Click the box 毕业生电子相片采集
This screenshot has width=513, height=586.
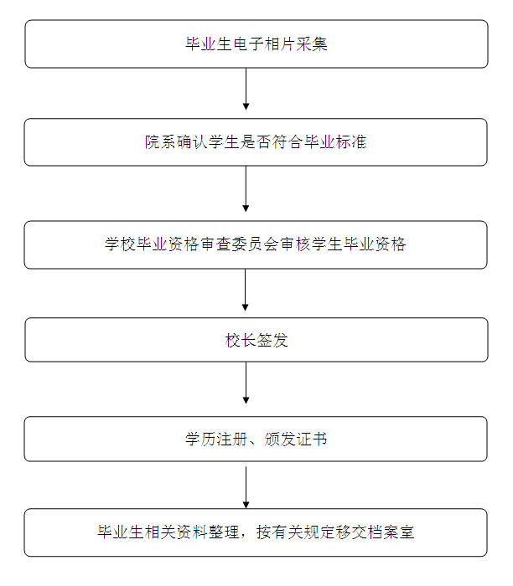click(256, 44)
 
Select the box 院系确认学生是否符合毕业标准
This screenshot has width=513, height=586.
click(256, 142)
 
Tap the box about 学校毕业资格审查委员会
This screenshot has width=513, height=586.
click(256, 244)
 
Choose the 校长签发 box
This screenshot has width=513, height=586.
click(256, 340)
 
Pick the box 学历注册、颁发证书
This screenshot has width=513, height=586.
click(256, 439)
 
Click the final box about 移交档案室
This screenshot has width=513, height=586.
click(256, 532)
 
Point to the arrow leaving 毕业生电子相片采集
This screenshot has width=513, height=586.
click(246, 89)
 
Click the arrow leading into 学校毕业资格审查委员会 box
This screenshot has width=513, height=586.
click(246, 189)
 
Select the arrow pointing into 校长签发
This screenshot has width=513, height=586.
click(245, 290)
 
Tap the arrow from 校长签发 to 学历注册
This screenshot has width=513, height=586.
click(246, 383)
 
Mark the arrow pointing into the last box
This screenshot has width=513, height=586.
click(246, 487)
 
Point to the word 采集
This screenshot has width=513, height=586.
click(312, 44)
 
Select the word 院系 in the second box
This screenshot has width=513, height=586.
click(161, 142)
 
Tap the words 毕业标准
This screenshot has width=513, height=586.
click(335, 142)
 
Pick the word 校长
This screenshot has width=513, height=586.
click(241, 341)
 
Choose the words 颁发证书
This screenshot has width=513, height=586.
click(296, 439)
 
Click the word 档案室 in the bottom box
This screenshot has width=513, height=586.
click(391, 532)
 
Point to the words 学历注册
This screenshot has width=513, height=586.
click(216, 439)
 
